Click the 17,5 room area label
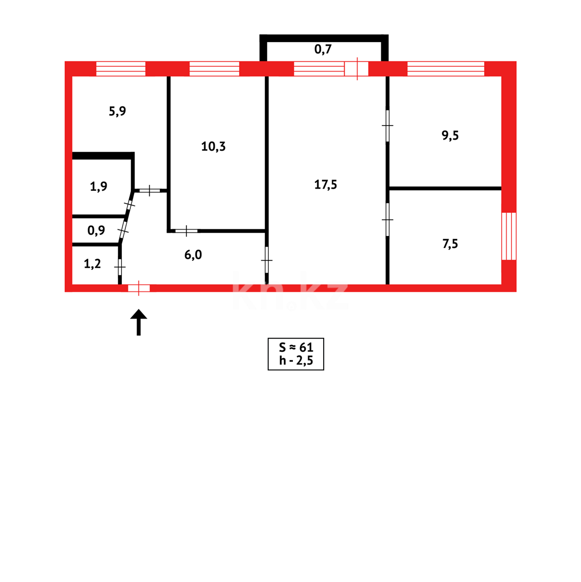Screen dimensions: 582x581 pos(325,184)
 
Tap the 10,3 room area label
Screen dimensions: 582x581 pos(213,146)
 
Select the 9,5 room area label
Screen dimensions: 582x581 pos(450,135)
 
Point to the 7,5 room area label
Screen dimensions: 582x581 pos(450,244)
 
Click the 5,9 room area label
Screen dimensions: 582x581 pos(117,112)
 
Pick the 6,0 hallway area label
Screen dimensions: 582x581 pos(193,254)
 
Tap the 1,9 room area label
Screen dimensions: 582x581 pos(99,186)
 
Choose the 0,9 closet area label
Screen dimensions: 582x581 pos(96,231)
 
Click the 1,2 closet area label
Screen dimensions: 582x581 pos(93,264)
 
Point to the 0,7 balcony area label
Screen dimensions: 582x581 pos(323,50)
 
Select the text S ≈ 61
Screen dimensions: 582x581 pos(296,348)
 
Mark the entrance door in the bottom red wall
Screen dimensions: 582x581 pos(139,288)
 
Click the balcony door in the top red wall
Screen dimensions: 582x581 pos(356,68)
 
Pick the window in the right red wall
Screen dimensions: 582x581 pos(509,236)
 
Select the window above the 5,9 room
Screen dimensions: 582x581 pos(121,68)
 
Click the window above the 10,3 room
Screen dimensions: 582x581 pos(214,68)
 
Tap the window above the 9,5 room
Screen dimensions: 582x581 pos(445,68)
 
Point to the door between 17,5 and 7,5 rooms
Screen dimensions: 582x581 pos(387,219)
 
